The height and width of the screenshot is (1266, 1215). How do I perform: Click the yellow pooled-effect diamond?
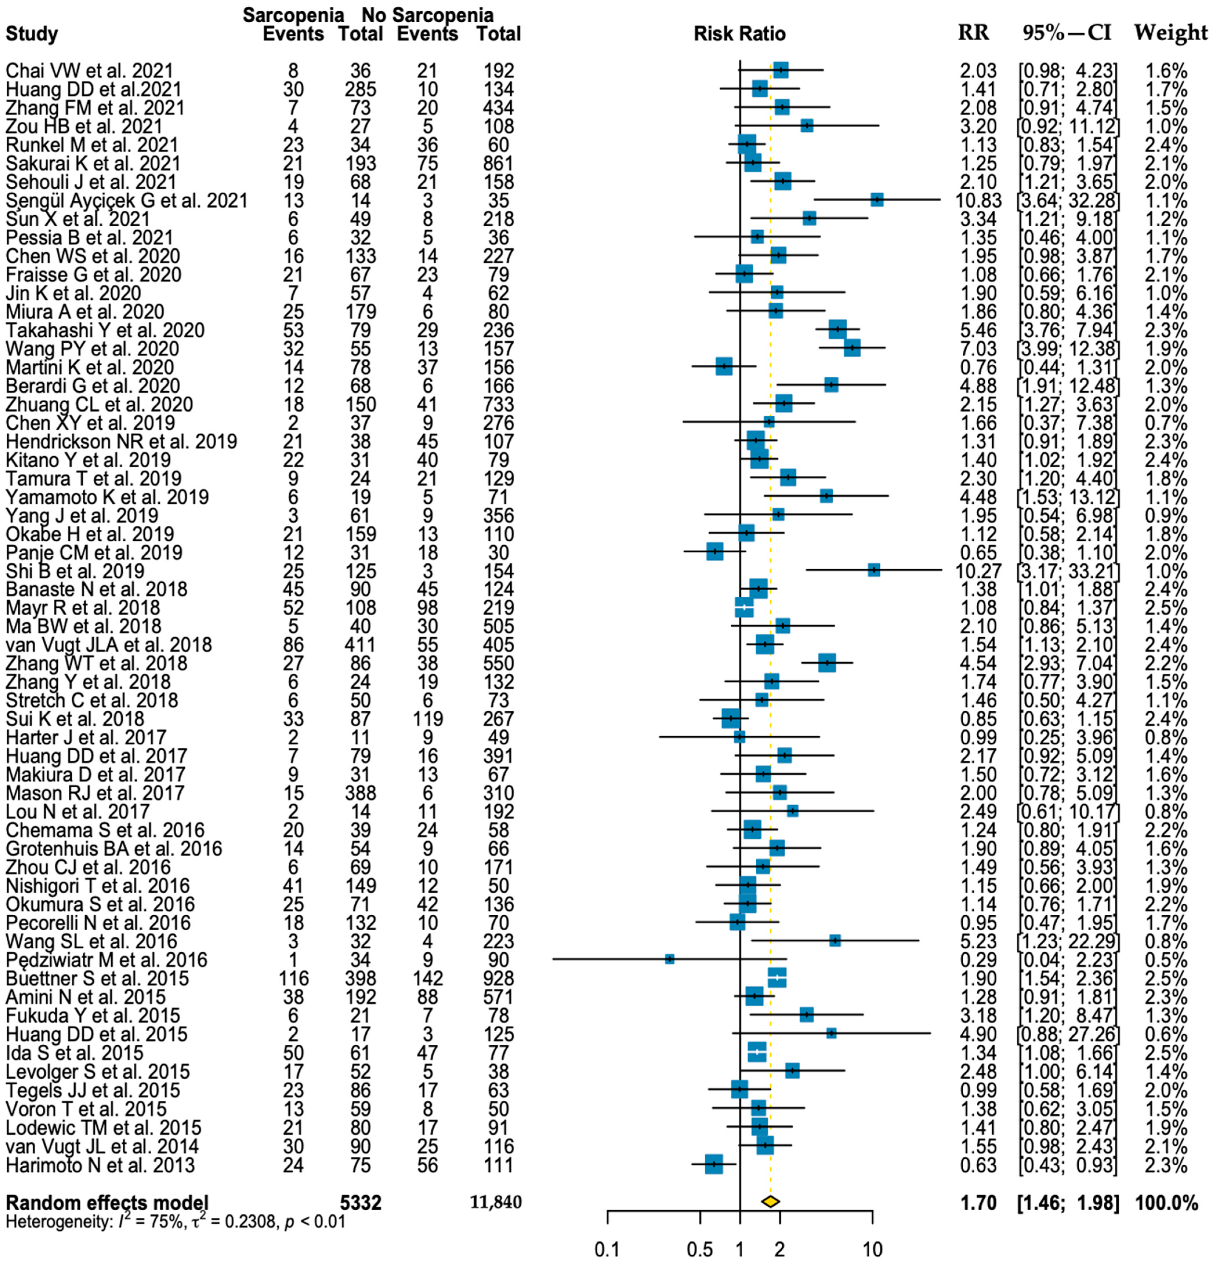tap(770, 1201)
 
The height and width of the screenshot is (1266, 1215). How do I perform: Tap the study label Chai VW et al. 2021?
tap(89, 70)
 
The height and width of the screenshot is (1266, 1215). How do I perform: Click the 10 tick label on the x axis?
tap(872, 1249)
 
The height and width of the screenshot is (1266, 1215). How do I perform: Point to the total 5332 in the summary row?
tap(361, 1203)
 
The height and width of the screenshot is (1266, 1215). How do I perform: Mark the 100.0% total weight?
tap(1167, 1203)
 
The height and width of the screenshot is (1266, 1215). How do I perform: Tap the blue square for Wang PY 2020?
tap(852, 349)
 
